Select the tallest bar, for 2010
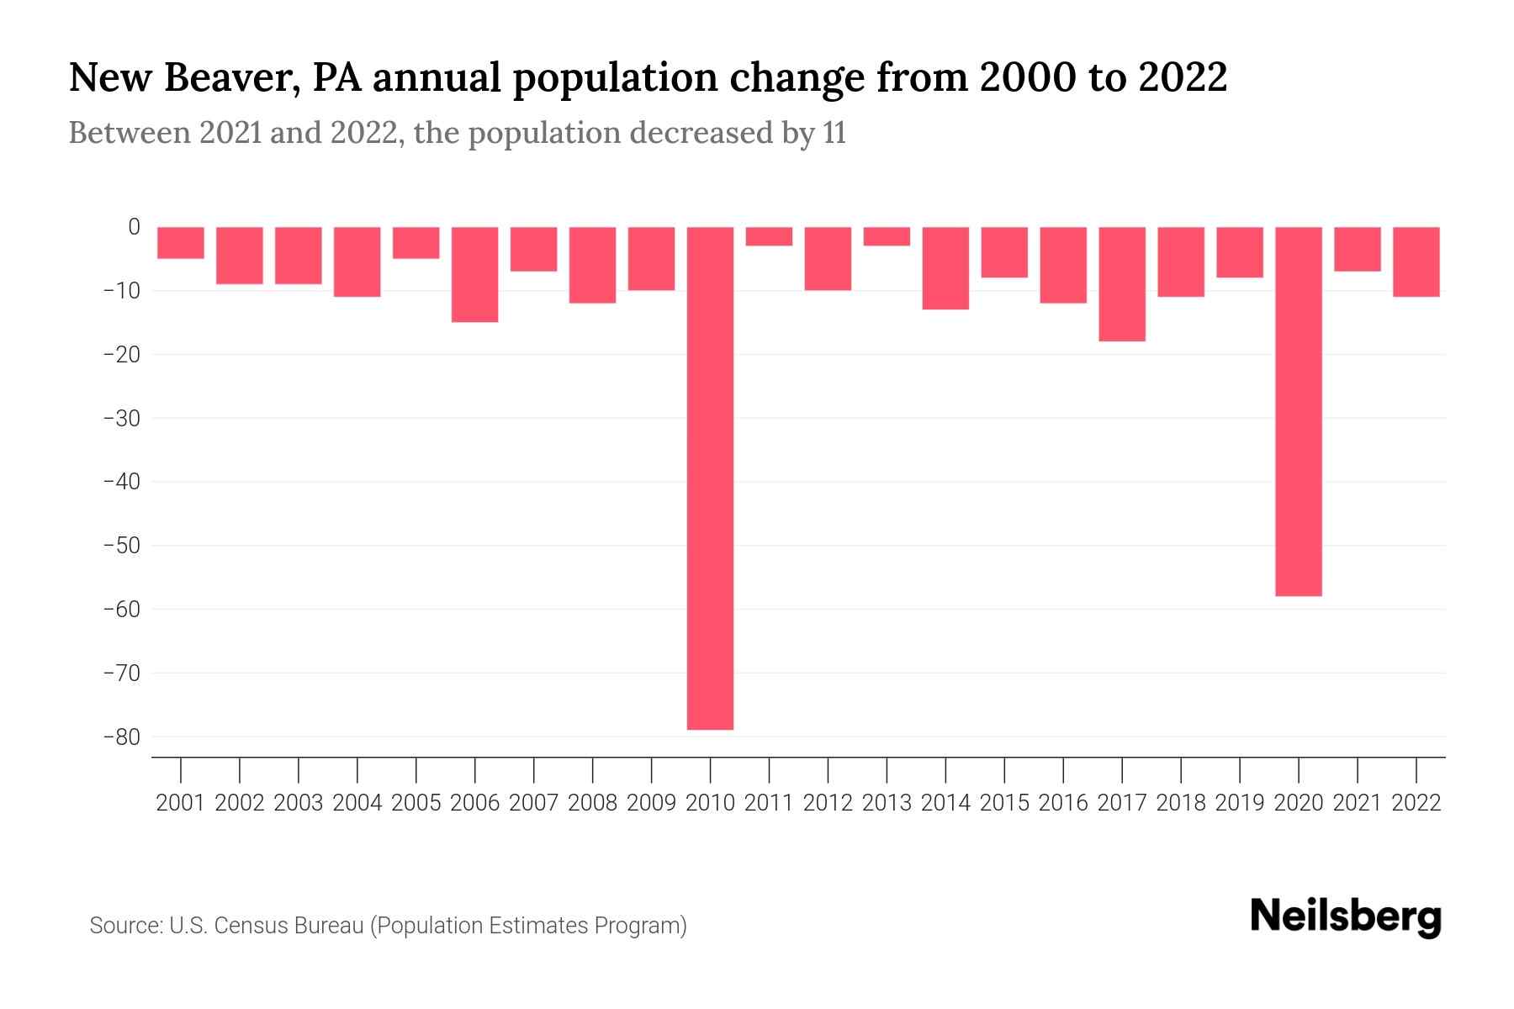pos(710,478)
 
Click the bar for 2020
pos(1298,411)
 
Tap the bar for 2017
pos(1121,284)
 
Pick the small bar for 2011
pos(769,236)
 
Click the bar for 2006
pos(475,274)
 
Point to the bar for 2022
pos(1416,261)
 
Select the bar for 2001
pos(181,242)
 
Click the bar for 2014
pos(945,268)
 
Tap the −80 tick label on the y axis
pos(121,737)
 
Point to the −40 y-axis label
pos(121,482)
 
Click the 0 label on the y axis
pos(134,227)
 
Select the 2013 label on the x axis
pos(887,803)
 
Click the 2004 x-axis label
pos(357,803)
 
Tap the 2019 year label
pos(1239,803)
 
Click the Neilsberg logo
pos(1346,917)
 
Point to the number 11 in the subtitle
pos(834,133)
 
